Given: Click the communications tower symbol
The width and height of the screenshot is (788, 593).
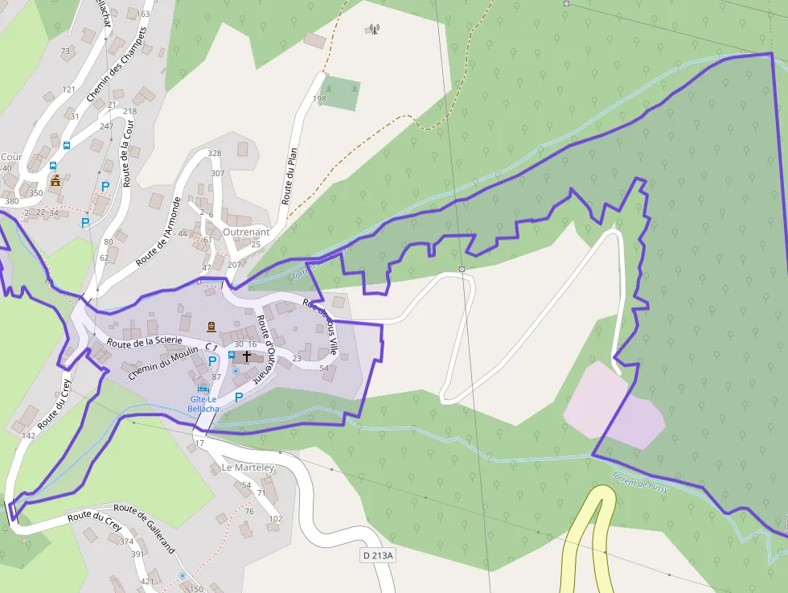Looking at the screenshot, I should click(x=374, y=30).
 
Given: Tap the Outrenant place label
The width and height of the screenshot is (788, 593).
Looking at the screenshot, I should click(x=245, y=231).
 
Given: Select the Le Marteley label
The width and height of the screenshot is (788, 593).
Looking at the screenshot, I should click(x=248, y=467).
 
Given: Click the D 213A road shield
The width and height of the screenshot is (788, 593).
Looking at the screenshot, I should click(x=378, y=555).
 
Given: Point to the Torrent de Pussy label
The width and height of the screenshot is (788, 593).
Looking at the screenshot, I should click(x=641, y=482).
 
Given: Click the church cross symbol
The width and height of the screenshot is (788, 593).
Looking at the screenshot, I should click(x=247, y=355).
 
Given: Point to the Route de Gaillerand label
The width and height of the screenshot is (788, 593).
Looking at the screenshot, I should click(x=144, y=527).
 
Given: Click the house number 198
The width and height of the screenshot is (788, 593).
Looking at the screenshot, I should click(x=319, y=99).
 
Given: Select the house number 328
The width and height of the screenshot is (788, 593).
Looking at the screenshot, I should click(x=214, y=153).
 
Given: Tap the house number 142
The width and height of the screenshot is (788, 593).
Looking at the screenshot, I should click(x=29, y=435).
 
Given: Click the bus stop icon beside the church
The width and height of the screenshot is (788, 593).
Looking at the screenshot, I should click(x=232, y=355).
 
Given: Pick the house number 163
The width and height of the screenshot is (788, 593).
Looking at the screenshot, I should click(x=143, y=14).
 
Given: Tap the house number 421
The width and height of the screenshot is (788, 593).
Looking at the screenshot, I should click(x=146, y=581).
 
